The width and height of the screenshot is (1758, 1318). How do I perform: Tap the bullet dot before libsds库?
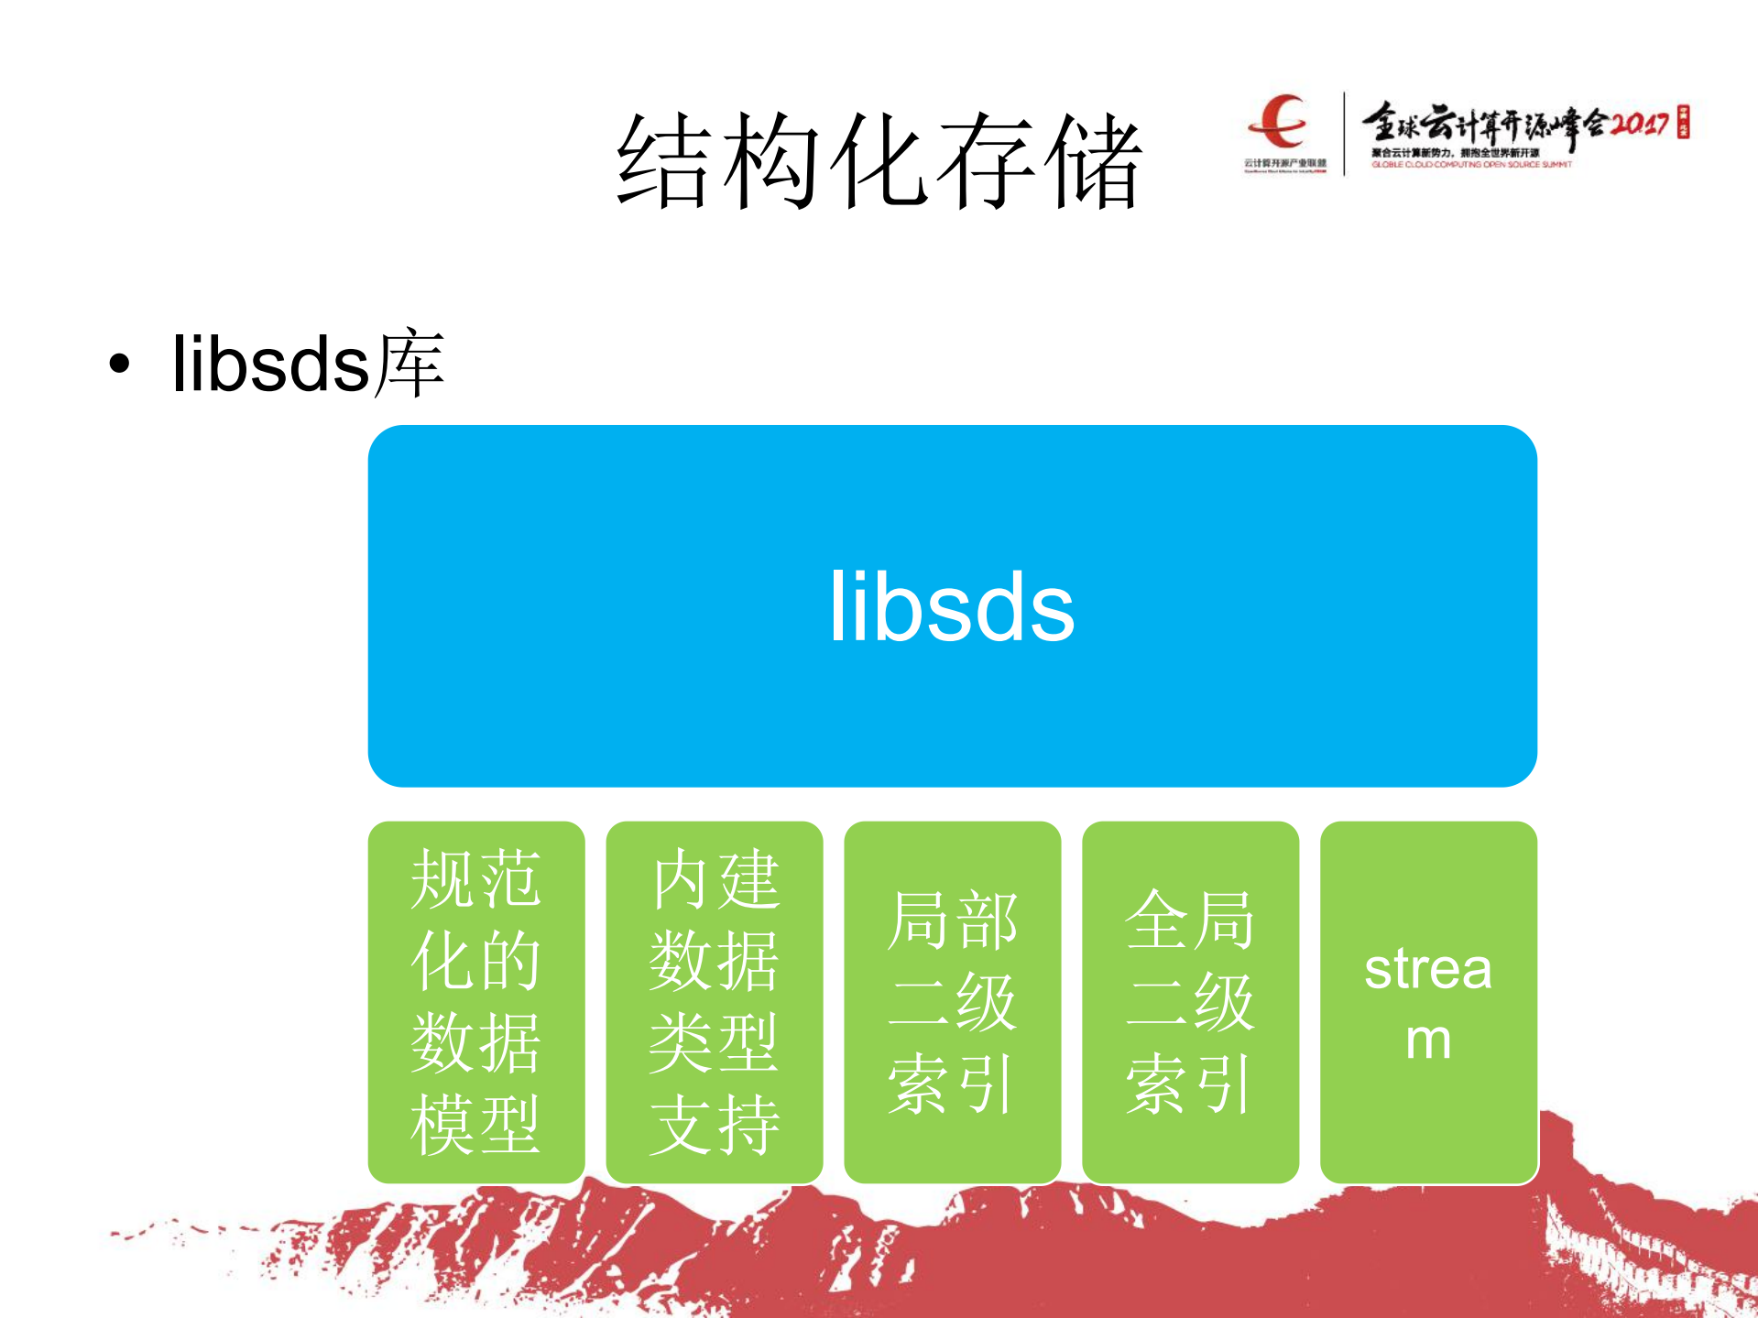pos(119,364)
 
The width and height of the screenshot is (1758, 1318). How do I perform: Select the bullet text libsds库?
pos(308,364)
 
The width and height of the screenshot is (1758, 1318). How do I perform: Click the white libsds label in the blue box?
pos(952,607)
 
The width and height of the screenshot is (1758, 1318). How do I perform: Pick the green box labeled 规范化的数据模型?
pos(476,1002)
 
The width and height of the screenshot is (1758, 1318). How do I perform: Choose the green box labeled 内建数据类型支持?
pos(715,1002)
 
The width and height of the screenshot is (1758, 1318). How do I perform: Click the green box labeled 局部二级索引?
pos(953,1002)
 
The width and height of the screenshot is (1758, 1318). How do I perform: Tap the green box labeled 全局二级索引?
pos(1191,1002)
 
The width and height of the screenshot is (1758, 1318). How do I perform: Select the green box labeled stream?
pos(1429,1002)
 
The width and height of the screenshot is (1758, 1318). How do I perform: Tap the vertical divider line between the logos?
pos(1344,133)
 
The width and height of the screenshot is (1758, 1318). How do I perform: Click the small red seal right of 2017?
pos(1683,122)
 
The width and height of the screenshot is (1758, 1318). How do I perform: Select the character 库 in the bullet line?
pos(409,364)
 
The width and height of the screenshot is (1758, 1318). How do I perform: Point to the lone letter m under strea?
pos(1428,1040)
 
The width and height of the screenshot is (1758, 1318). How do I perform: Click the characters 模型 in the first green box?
pos(475,1125)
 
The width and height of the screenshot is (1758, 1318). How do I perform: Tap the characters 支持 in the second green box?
pos(715,1125)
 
